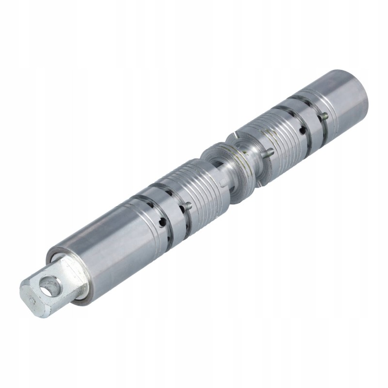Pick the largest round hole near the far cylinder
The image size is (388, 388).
303,130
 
